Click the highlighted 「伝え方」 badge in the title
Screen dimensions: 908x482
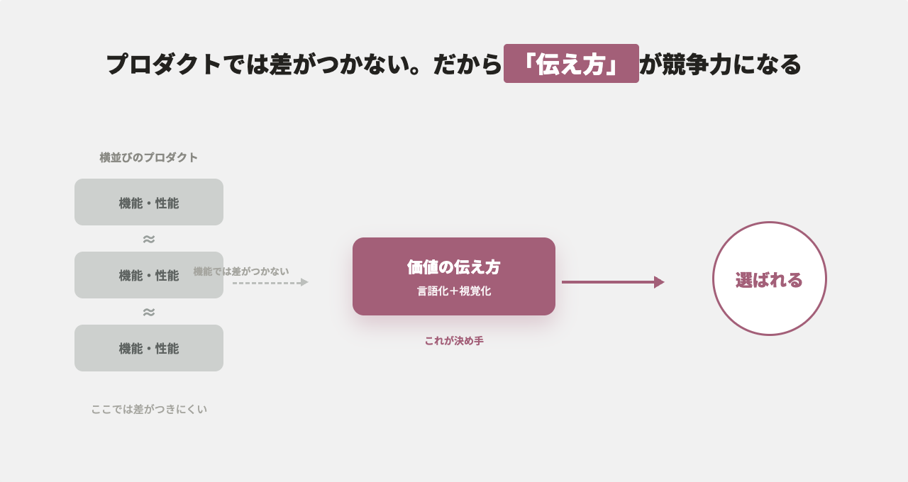(x=571, y=64)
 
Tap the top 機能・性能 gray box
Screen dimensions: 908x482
(x=149, y=202)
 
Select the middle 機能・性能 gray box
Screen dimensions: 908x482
(x=149, y=275)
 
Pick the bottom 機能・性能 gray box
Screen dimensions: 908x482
(x=149, y=348)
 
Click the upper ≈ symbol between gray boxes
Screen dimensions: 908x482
(x=149, y=240)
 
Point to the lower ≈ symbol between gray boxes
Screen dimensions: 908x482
(x=149, y=313)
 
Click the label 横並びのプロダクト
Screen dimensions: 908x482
(x=149, y=157)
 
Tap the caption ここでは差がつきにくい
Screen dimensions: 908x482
(x=149, y=410)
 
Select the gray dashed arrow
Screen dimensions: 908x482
(x=270, y=282)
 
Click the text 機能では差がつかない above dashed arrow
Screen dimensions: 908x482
(x=241, y=271)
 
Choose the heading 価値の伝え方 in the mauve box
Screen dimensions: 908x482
(x=453, y=267)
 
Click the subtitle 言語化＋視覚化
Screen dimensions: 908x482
(x=454, y=291)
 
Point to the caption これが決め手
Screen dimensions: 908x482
(x=454, y=341)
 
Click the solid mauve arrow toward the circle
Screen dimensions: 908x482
(x=613, y=282)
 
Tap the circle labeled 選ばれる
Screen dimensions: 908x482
(x=770, y=279)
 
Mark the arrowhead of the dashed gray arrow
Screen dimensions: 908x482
(x=304, y=282)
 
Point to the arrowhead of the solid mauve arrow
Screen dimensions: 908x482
(x=659, y=282)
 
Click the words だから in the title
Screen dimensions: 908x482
(x=467, y=65)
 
